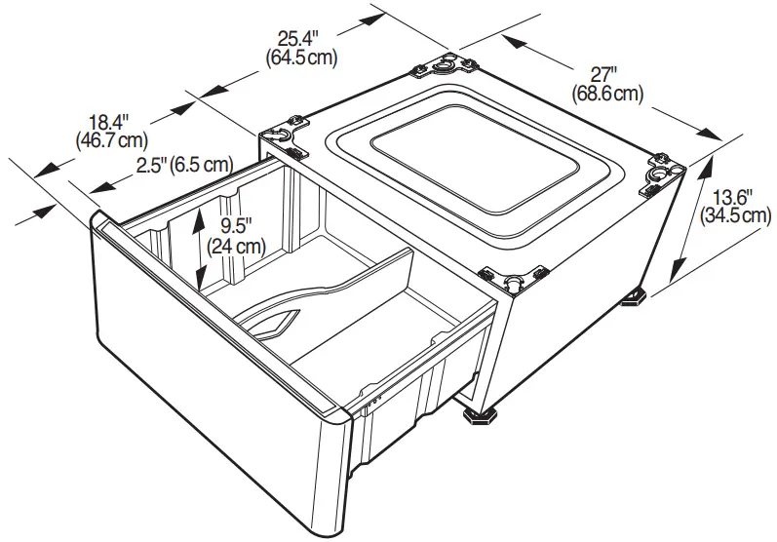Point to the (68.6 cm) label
pos(607,95)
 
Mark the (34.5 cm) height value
pos(736,215)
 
